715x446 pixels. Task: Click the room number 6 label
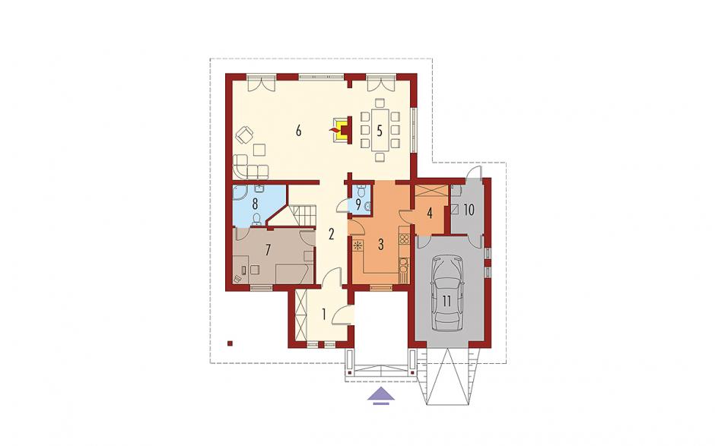pyautogui.click(x=298, y=131)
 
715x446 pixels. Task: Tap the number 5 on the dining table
pyautogui.click(x=380, y=131)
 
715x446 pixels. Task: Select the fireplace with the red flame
pyautogui.click(x=342, y=130)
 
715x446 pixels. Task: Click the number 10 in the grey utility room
pyautogui.click(x=469, y=210)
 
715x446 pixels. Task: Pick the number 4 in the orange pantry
pyautogui.click(x=430, y=214)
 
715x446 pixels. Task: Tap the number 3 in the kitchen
pyautogui.click(x=380, y=244)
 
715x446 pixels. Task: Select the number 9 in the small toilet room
pyautogui.click(x=358, y=204)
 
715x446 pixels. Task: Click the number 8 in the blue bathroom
pyautogui.click(x=255, y=203)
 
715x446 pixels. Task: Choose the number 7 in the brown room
pyautogui.click(x=268, y=250)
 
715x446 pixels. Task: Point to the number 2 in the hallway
pyautogui.click(x=332, y=235)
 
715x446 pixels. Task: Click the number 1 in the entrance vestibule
pyautogui.click(x=324, y=315)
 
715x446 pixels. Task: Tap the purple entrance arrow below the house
pyautogui.click(x=381, y=395)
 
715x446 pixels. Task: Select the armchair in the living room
pyautogui.click(x=245, y=134)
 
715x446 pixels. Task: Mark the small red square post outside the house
pyautogui.click(x=230, y=343)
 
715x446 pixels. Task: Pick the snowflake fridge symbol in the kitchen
pyautogui.click(x=358, y=245)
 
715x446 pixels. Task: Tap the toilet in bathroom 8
pyautogui.click(x=257, y=220)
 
